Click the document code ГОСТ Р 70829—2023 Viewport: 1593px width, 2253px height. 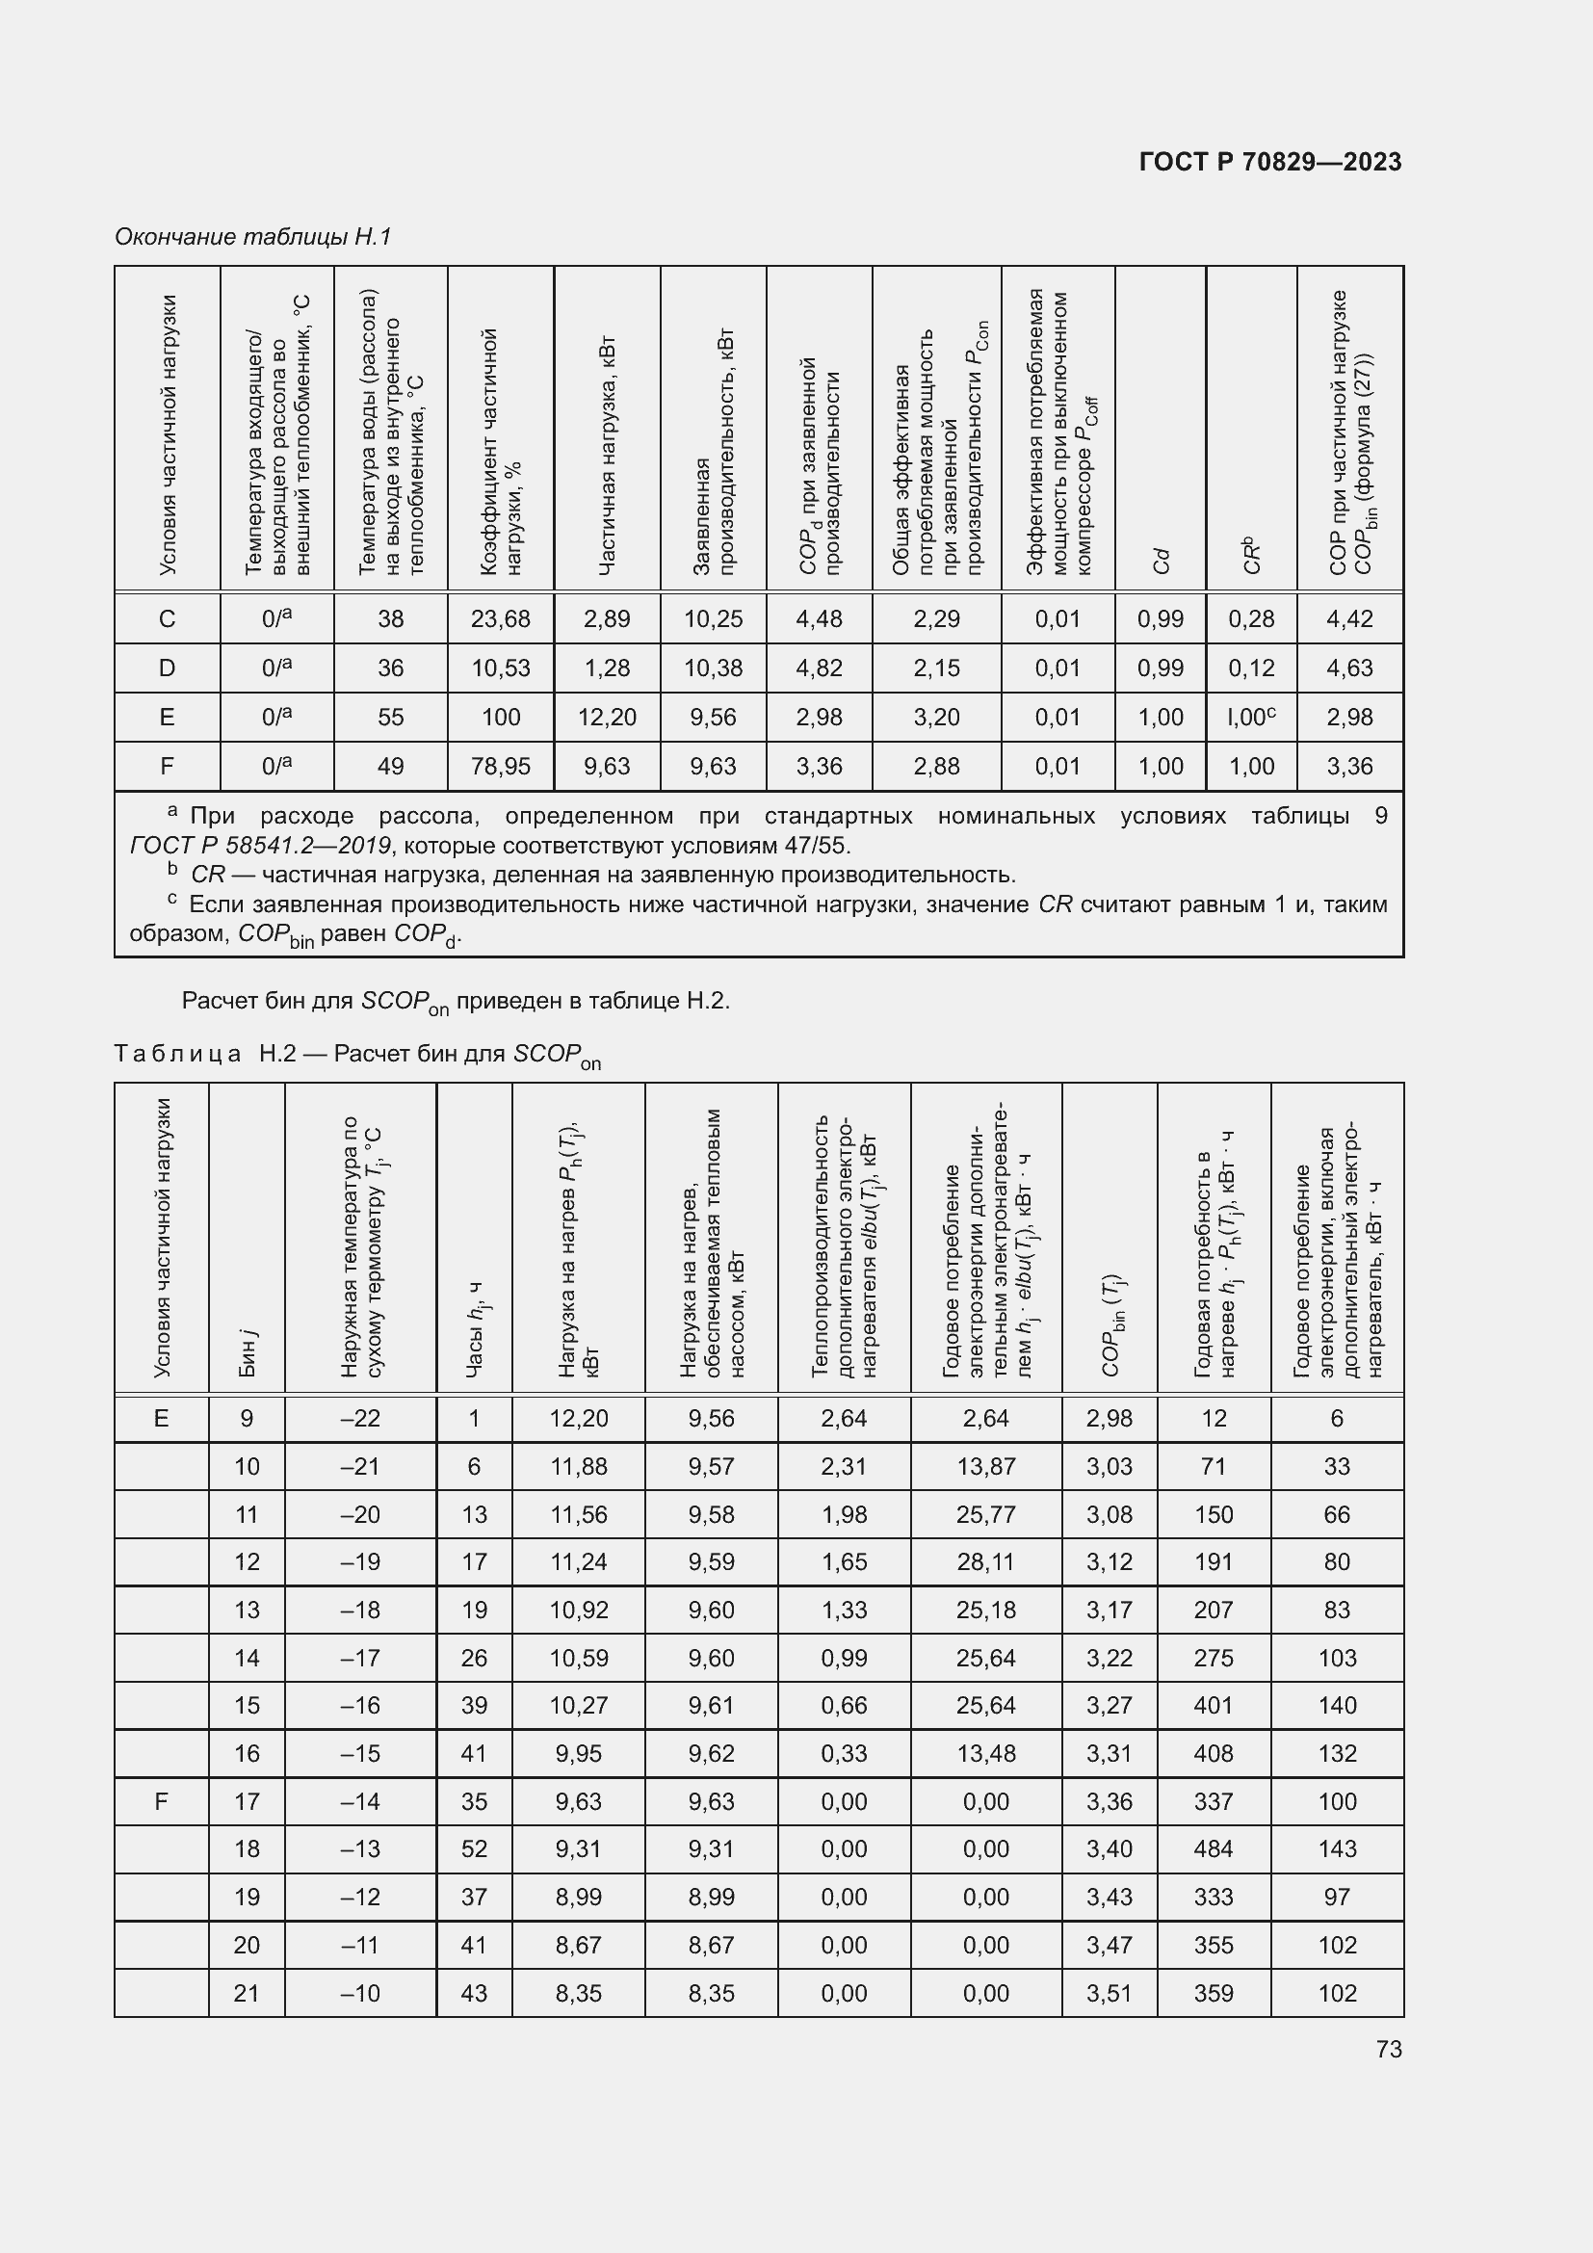point(1270,162)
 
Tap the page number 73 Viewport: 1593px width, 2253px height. point(1389,2049)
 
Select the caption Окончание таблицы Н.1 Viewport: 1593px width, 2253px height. point(253,237)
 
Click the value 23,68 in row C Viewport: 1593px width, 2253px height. point(500,619)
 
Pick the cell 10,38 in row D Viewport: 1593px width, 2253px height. point(713,668)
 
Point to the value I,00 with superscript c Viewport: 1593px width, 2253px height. point(1251,718)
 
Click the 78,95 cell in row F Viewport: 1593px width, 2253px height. point(500,767)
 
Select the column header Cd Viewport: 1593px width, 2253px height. point(1162,561)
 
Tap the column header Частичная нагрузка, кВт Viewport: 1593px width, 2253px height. point(607,457)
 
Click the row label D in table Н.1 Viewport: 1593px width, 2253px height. point(167,668)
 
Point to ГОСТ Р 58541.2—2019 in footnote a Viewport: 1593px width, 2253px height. point(260,846)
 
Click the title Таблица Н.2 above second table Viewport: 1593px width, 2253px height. point(358,1054)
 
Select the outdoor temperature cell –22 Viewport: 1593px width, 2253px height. point(360,1418)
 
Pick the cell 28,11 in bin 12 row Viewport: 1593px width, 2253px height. point(986,1562)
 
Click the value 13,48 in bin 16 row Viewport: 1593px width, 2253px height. point(986,1753)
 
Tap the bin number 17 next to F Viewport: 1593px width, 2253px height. point(247,1801)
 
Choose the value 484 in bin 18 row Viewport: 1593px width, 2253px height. point(1214,1848)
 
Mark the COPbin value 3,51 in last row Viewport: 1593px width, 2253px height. point(1110,1993)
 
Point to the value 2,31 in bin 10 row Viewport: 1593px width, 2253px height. point(844,1466)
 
